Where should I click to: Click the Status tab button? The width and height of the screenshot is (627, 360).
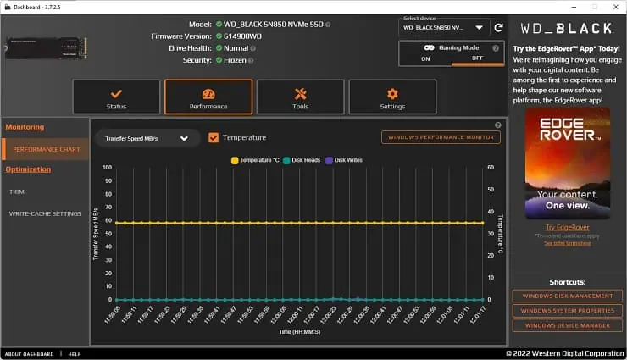[x=116, y=97]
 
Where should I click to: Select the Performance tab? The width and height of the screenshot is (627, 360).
[x=208, y=97]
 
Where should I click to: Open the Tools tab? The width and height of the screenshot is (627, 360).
[x=301, y=97]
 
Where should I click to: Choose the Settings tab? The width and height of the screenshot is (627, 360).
[x=392, y=97]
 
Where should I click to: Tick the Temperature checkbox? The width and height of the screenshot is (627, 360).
[x=214, y=137]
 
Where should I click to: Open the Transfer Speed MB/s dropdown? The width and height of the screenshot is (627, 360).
[x=146, y=138]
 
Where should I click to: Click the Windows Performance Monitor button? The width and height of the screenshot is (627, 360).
[x=441, y=137]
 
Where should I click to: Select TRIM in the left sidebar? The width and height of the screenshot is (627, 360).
[x=17, y=191]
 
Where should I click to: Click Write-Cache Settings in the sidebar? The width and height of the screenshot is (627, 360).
[x=45, y=213]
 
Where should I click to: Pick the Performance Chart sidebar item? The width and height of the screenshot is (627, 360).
[x=47, y=149]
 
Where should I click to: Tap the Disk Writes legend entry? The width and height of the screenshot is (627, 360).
[x=347, y=159]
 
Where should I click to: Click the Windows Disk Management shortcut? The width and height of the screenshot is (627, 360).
[x=567, y=296]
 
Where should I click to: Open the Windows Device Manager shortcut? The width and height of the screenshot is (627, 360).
[x=567, y=324]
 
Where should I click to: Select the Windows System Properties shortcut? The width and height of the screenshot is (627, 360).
[x=567, y=310]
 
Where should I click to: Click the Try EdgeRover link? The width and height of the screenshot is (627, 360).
[x=567, y=227]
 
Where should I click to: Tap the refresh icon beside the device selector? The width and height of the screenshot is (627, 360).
[x=498, y=27]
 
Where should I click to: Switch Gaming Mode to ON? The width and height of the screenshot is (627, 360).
[x=425, y=58]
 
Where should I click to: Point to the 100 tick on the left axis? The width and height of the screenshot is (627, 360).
[x=107, y=167]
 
